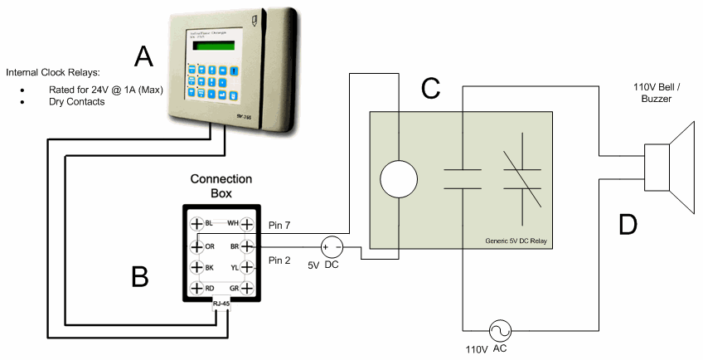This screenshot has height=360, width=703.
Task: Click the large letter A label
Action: [144, 56]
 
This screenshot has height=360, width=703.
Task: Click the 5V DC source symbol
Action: [332, 246]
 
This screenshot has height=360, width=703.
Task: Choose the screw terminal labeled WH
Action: [246, 224]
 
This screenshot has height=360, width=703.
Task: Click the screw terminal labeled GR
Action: [246, 288]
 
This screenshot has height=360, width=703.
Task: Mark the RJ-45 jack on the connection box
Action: [221, 306]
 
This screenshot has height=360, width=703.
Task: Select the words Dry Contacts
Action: [75, 101]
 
